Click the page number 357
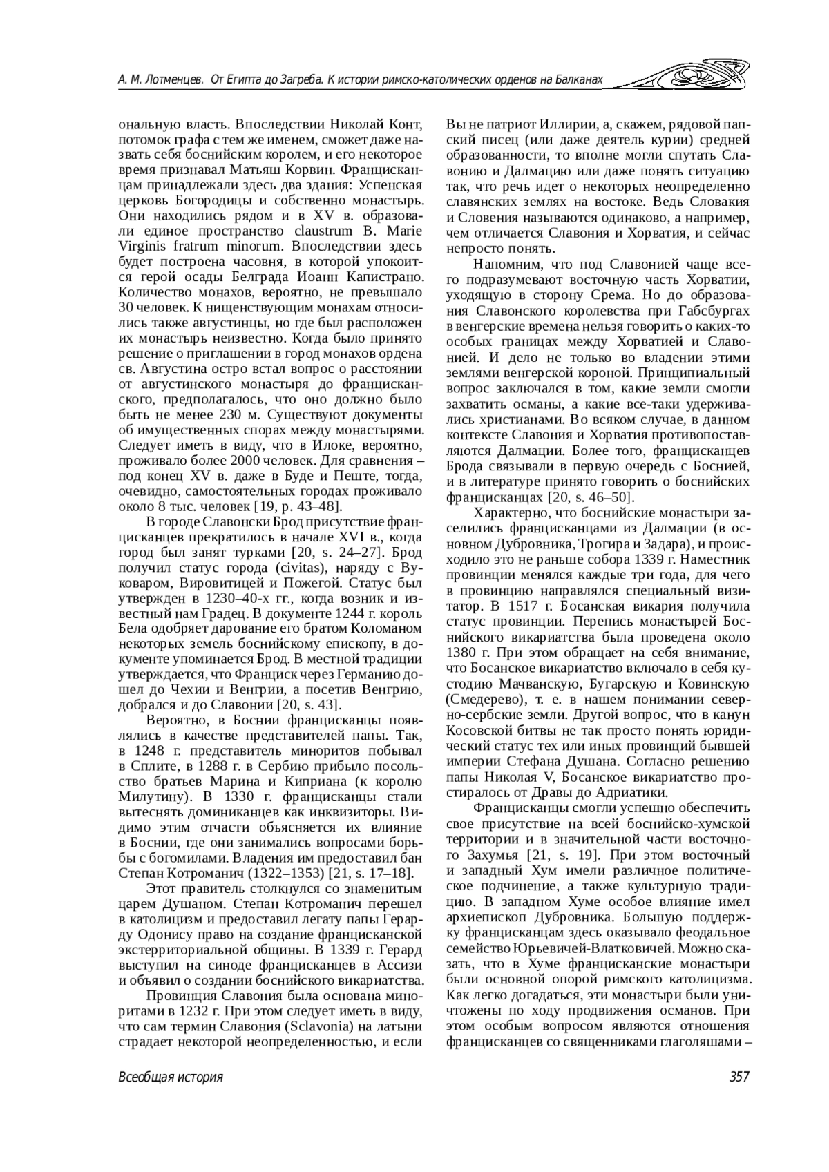tap(738, 1077)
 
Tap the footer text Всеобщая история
tap(171, 1077)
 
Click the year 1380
tap(461, 652)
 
